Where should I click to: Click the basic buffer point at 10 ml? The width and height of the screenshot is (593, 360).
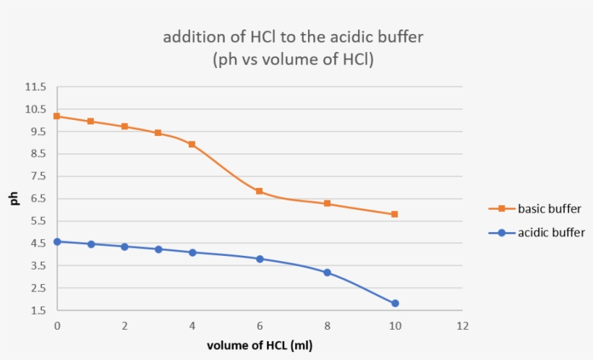(x=394, y=214)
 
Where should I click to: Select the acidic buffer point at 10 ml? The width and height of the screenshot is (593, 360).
(x=395, y=304)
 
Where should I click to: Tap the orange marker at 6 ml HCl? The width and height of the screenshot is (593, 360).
(x=259, y=192)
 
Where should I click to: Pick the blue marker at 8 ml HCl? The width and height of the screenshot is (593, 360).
(x=327, y=273)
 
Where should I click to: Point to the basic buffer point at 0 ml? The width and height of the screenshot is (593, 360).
(x=56, y=116)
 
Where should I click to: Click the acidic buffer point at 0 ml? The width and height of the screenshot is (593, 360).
(x=56, y=241)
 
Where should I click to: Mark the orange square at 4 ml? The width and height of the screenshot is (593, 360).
(x=192, y=144)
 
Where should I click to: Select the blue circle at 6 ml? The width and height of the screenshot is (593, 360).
(x=260, y=259)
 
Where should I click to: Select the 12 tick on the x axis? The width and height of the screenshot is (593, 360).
(x=462, y=326)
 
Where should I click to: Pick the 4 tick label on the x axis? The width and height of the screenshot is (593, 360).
(x=192, y=326)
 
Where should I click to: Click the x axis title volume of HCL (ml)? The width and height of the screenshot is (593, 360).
(x=260, y=346)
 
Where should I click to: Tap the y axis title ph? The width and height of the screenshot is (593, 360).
(x=14, y=199)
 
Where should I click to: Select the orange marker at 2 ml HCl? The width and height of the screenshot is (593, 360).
(x=124, y=127)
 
